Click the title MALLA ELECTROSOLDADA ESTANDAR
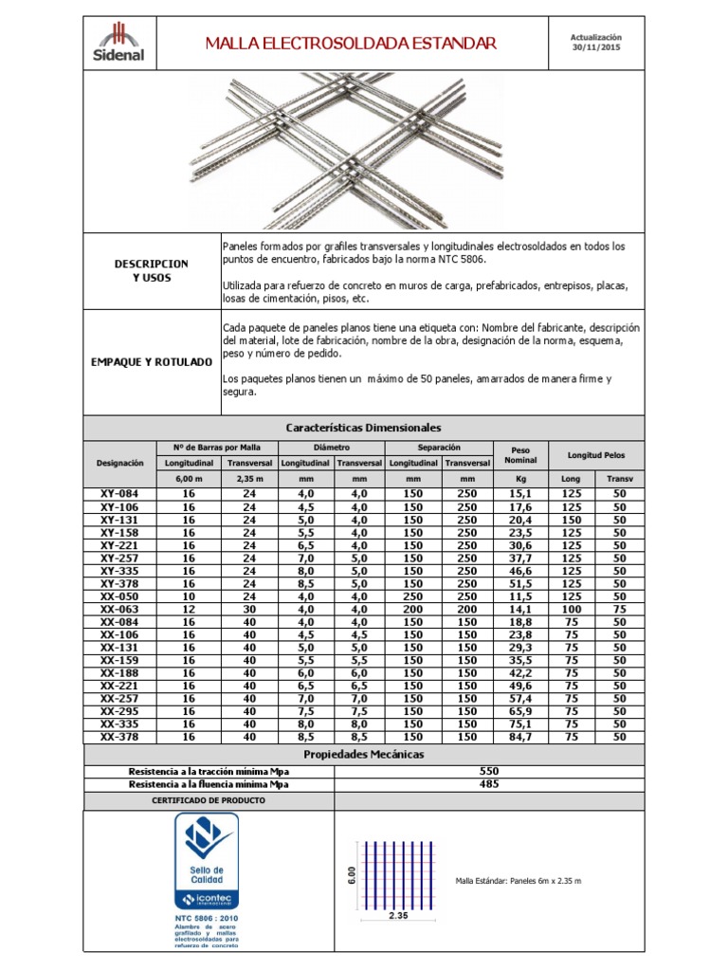[351, 44]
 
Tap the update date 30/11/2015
[596, 44]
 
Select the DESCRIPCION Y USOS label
[152, 270]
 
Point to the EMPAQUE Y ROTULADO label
[152, 362]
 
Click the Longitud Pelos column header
[597, 454]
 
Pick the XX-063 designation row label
[119, 609]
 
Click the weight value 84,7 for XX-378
[520, 736]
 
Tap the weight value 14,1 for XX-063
[520, 609]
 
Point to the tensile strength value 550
[490, 771]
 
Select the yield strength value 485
[490, 784]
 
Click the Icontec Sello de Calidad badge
[207, 862]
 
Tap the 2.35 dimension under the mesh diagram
[397, 916]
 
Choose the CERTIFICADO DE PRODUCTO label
[209, 800]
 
